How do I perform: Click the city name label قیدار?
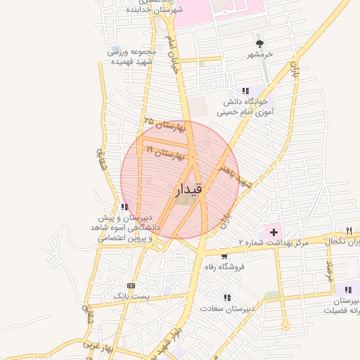(x=188, y=188)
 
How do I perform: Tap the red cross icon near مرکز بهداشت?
(x=274, y=231)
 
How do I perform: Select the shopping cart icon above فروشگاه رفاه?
(x=224, y=257)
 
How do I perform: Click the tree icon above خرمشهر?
(x=259, y=43)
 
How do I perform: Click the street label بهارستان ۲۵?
(x=163, y=124)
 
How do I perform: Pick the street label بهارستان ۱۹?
(x=163, y=152)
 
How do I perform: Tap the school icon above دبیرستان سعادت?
(x=226, y=297)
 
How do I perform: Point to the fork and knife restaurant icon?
(x=349, y=231)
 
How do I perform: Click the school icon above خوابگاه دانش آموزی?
(x=245, y=91)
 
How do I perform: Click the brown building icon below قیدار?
(x=182, y=201)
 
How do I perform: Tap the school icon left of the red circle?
(x=124, y=207)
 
